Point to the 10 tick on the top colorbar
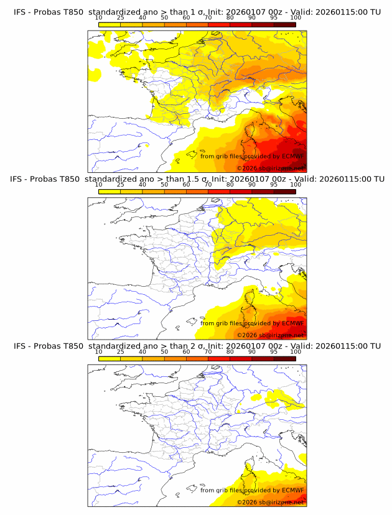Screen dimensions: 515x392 (99, 17)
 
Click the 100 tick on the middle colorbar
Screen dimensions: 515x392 (296, 184)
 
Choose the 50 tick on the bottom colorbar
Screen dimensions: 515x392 (164, 351)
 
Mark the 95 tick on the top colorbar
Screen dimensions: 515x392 (274, 17)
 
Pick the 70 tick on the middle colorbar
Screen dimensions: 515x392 (208, 184)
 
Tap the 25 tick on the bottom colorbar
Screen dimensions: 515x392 (121, 351)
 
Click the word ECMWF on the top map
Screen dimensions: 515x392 (293, 156)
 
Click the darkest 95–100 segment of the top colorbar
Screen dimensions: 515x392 (285, 24)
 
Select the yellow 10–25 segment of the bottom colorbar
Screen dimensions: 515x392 (110, 357)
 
